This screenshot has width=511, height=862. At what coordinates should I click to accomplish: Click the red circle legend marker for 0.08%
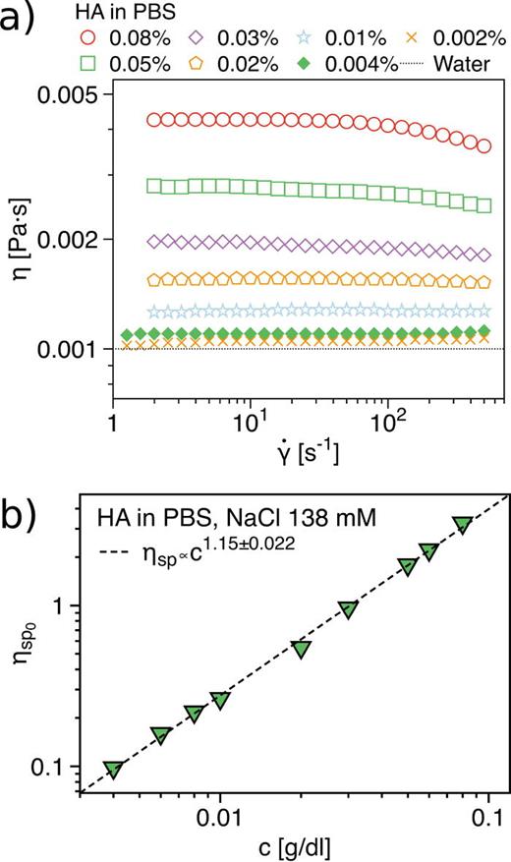[x=90, y=40]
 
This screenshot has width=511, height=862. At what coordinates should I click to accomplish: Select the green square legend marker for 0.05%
[x=90, y=61]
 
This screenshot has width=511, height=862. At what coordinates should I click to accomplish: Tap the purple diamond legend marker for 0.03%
[x=204, y=40]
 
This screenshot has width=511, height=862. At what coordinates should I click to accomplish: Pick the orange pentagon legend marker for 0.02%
[x=204, y=61]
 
